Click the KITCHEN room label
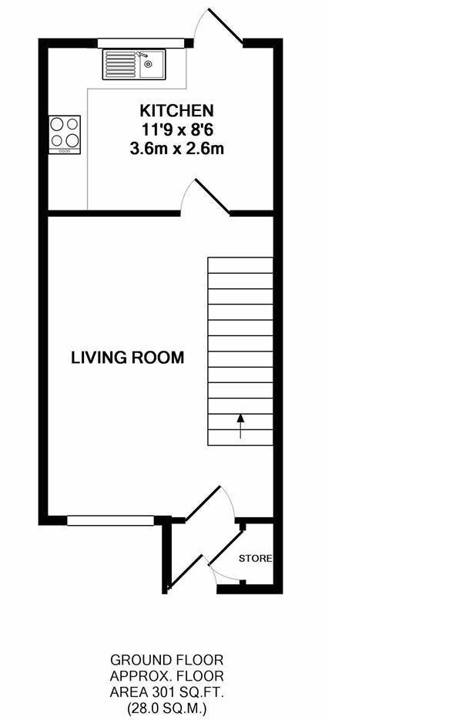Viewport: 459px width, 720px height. point(176,111)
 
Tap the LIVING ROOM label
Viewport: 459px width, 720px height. point(128,358)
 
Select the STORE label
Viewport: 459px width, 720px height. point(255,558)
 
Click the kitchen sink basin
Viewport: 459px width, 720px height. point(152,66)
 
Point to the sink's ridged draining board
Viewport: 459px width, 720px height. point(121,65)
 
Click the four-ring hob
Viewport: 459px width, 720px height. point(65,134)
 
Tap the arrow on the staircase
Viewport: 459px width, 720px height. point(240,426)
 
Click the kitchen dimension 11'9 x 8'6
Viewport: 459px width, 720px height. point(177,130)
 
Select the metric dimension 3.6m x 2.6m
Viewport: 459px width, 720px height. point(177,150)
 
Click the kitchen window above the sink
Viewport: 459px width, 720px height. point(141,42)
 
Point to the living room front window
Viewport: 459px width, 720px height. point(110,520)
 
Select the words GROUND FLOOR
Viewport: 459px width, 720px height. point(167,661)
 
